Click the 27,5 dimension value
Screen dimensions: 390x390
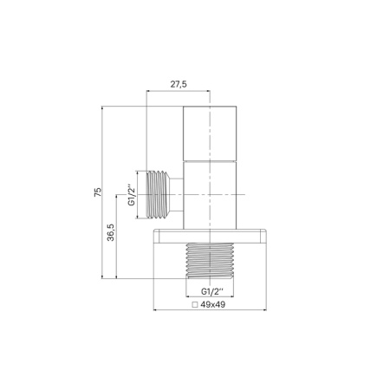click(179, 83)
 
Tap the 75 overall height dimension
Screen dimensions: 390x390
click(98, 192)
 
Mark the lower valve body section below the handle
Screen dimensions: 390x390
click(210, 195)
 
